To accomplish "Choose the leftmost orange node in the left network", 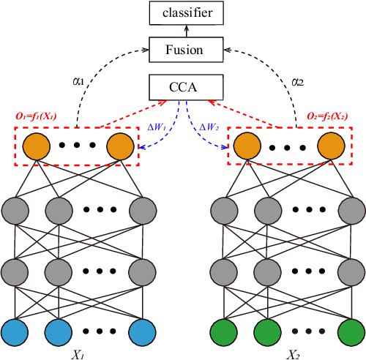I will [x=37, y=145].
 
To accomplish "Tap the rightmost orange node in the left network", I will [x=122, y=145].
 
